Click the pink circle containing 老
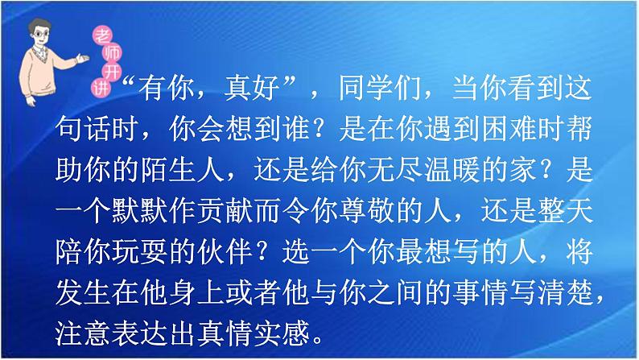click(x=101, y=33)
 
